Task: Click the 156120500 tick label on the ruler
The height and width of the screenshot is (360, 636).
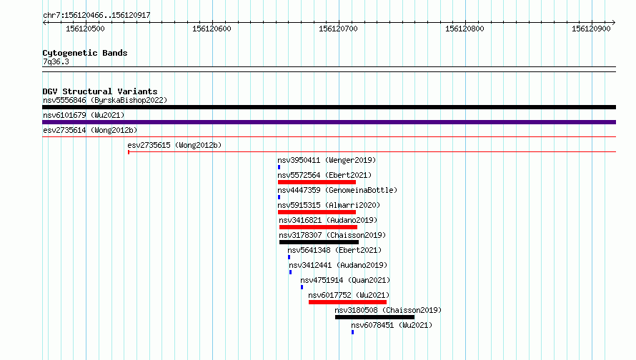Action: [85, 29]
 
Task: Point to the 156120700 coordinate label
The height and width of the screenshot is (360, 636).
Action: [338, 29]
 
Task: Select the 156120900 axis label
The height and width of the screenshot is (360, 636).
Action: [591, 29]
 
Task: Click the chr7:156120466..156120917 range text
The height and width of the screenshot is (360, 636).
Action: [96, 16]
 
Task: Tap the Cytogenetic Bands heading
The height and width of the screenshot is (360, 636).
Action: [85, 53]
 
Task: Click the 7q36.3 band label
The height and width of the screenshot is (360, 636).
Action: [56, 61]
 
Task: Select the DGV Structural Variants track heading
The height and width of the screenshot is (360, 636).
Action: [100, 91]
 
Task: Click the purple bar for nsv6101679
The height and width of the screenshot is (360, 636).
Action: [329, 122]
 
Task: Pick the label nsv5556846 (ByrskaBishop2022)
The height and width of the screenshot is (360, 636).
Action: [105, 100]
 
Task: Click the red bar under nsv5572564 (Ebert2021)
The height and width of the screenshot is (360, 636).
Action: [317, 182]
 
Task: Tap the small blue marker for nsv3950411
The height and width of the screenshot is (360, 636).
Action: [279, 167]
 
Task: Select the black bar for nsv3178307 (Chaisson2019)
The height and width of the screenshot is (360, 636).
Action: [319, 242]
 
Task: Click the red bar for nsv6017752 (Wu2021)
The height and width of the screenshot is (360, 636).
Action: [347, 302]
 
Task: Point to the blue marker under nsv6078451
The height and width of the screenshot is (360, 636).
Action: [352, 332]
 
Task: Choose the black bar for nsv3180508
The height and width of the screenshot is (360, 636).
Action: [374, 317]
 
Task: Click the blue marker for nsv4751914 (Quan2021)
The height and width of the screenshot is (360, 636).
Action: [302, 287]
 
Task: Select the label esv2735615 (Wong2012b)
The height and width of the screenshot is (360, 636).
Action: [174, 145]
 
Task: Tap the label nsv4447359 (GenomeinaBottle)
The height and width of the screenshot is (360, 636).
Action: [337, 190]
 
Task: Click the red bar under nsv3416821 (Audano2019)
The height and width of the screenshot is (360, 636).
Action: [319, 227]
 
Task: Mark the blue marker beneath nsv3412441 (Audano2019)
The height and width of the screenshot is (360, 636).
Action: [290, 272]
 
